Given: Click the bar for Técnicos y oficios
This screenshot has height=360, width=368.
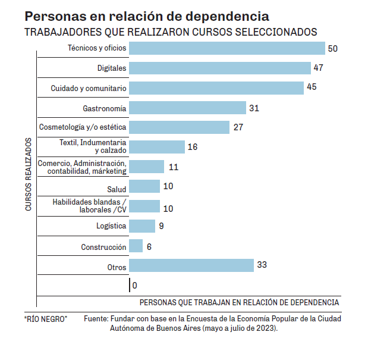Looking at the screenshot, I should coord(227,48).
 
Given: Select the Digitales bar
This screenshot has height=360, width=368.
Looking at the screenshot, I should coord(220,68).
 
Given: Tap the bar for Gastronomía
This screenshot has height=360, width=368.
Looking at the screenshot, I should coord(187,108).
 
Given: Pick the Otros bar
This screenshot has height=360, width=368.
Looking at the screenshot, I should coord(191,265).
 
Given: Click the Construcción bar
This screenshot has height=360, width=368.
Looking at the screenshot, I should coord(136,246).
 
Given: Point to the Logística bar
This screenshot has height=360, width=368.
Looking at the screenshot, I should coord(141,226).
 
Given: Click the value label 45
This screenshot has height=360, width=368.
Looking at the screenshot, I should coord(312,87).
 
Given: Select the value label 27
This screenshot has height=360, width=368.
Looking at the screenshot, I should coord(238,127).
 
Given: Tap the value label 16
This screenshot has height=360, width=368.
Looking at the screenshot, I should coord(192,147).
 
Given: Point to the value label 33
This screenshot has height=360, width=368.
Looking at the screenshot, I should coord(262,265).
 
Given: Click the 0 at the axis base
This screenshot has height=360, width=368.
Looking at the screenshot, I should coord(134,286).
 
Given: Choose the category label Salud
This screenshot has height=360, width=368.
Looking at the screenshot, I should coord(117,189).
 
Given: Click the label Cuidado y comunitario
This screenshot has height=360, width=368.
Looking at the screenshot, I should coord(89,88).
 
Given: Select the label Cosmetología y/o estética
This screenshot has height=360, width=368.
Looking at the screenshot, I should coord(83,127).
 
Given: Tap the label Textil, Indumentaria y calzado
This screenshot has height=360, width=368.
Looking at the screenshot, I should coord(93,147).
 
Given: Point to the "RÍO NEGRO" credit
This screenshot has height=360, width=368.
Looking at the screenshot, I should coord(46,319).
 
